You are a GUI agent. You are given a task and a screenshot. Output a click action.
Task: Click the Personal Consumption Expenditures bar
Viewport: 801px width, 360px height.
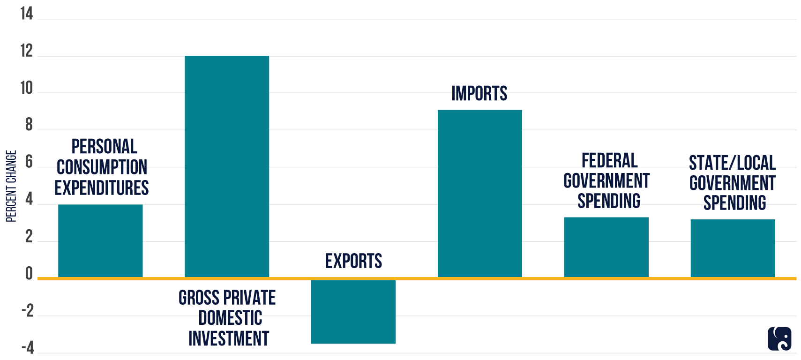pos(100,241)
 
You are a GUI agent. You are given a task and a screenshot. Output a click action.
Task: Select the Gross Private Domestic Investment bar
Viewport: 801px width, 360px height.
pos(227,166)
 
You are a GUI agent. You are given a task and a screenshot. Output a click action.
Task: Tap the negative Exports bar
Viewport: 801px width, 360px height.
pos(353,311)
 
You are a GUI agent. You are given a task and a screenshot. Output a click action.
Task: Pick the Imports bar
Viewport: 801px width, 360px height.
pos(479,193)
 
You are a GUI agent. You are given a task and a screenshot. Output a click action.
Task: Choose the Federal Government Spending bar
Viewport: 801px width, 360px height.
pos(606,247)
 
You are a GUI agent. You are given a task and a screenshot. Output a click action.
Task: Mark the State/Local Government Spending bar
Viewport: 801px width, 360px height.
pos(733,248)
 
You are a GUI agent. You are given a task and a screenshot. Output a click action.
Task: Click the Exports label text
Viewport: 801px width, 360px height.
pos(353,261)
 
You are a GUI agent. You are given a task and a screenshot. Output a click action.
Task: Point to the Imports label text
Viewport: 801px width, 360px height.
pos(479,94)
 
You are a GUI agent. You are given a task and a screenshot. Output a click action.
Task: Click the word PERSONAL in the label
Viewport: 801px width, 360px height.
pos(104,147)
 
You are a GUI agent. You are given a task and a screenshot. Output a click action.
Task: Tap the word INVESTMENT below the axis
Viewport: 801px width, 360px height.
pos(229,338)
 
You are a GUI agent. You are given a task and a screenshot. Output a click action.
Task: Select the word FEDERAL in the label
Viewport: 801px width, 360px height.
pos(609,161)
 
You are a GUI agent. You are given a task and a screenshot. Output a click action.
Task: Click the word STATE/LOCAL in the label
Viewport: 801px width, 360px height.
pos(732,163)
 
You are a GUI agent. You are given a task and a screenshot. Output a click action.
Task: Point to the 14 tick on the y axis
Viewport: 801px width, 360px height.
pos(27,14)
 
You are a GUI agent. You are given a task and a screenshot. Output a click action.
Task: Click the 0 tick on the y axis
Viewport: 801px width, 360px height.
pos(29,273)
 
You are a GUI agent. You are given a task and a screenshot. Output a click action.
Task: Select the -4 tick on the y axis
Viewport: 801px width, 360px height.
pos(28,348)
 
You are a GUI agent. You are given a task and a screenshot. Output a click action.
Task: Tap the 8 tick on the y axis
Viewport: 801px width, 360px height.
pos(29,125)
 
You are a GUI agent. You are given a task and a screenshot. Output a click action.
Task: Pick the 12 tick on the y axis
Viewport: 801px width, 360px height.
pos(27,51)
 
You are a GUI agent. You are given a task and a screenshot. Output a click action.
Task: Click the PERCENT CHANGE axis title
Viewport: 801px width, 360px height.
pos(11,186)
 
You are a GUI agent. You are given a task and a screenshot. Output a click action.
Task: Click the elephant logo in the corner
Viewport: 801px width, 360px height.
pos(779,338)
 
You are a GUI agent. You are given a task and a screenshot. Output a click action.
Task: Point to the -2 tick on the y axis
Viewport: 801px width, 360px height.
pos(28,311)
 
